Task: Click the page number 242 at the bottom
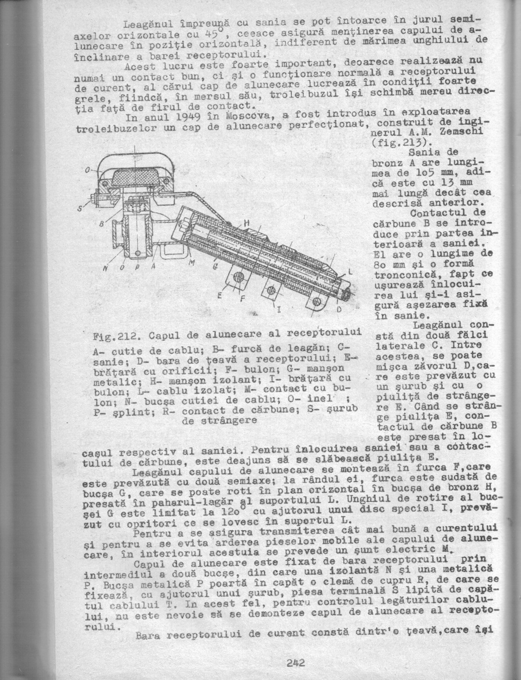[295, 663]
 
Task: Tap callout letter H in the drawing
[246, 223]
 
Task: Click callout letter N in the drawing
[105, 269]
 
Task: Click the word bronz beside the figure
[387, 164]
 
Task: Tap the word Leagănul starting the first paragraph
[145, 25]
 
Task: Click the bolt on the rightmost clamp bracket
[316, 302]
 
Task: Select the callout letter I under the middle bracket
[278, 311]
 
